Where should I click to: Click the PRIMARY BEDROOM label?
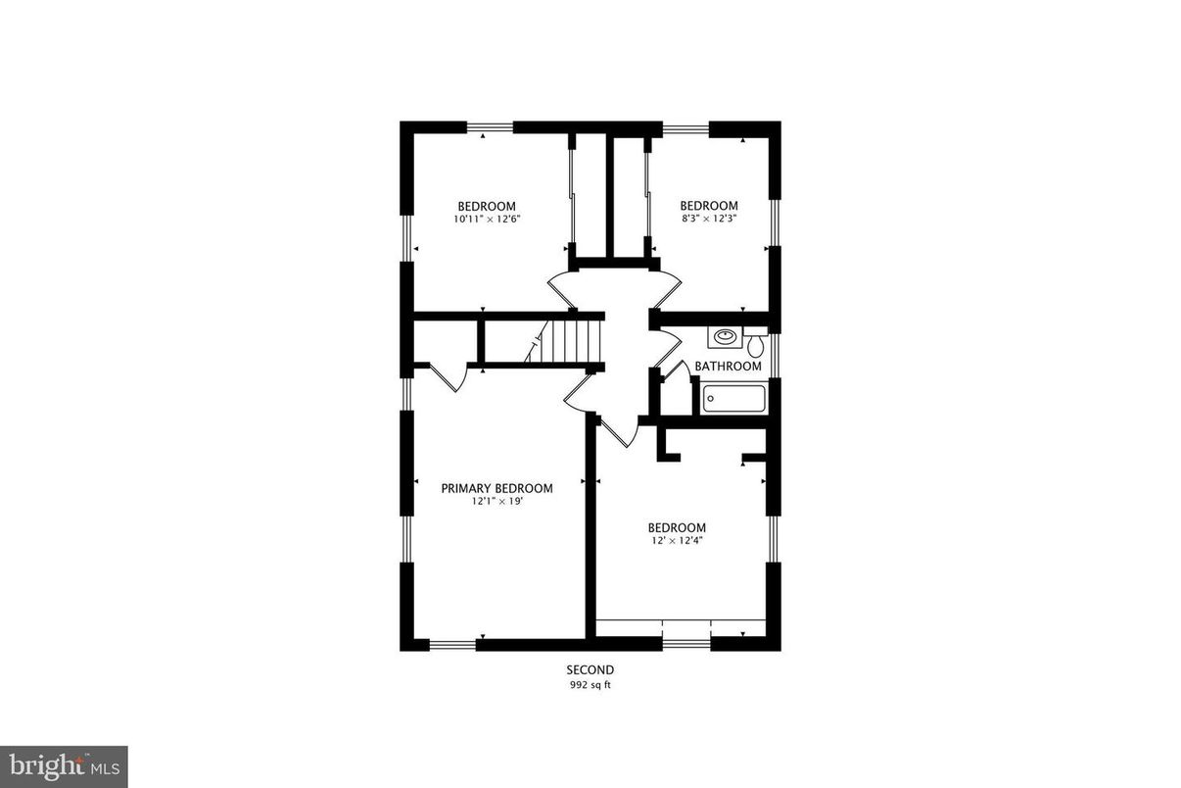point(496,488)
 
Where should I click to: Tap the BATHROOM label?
point(728,367)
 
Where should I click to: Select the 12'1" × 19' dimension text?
point(496,502)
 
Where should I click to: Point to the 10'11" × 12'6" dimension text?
point(486,220)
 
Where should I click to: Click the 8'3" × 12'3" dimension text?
point(708,220)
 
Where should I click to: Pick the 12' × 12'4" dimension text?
point(676,541)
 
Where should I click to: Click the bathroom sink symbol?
point(725,337)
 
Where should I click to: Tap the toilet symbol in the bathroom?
point(756,345)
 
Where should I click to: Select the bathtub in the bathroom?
point(734,399)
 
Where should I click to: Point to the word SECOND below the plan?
point(590,670)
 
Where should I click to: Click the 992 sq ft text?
point(590,685)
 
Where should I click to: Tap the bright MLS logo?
point(64,765)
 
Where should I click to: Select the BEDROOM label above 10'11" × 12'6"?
point(486,206)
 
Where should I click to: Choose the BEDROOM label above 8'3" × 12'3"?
point(708,206)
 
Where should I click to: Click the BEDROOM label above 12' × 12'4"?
point(676,527)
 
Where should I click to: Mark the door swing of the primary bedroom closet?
point(447,377)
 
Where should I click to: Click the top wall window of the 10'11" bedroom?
point(490,126)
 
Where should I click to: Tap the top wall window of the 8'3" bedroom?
point(685,126)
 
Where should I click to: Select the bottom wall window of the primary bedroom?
point(452,645)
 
